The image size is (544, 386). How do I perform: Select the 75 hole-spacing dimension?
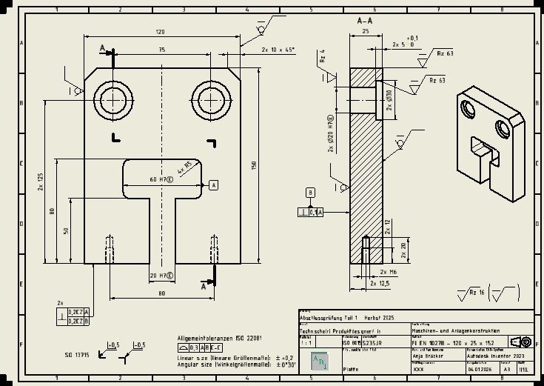pos(161,49)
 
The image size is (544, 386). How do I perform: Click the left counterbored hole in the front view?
pos(113,99)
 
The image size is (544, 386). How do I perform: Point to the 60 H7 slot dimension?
pos(161,179)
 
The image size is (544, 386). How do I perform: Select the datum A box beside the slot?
pos(213,184)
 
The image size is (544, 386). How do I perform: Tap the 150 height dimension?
pos(253,164)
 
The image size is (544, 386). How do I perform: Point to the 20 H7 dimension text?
pos(161,276)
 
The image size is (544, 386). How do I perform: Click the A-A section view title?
pos(364,23)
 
